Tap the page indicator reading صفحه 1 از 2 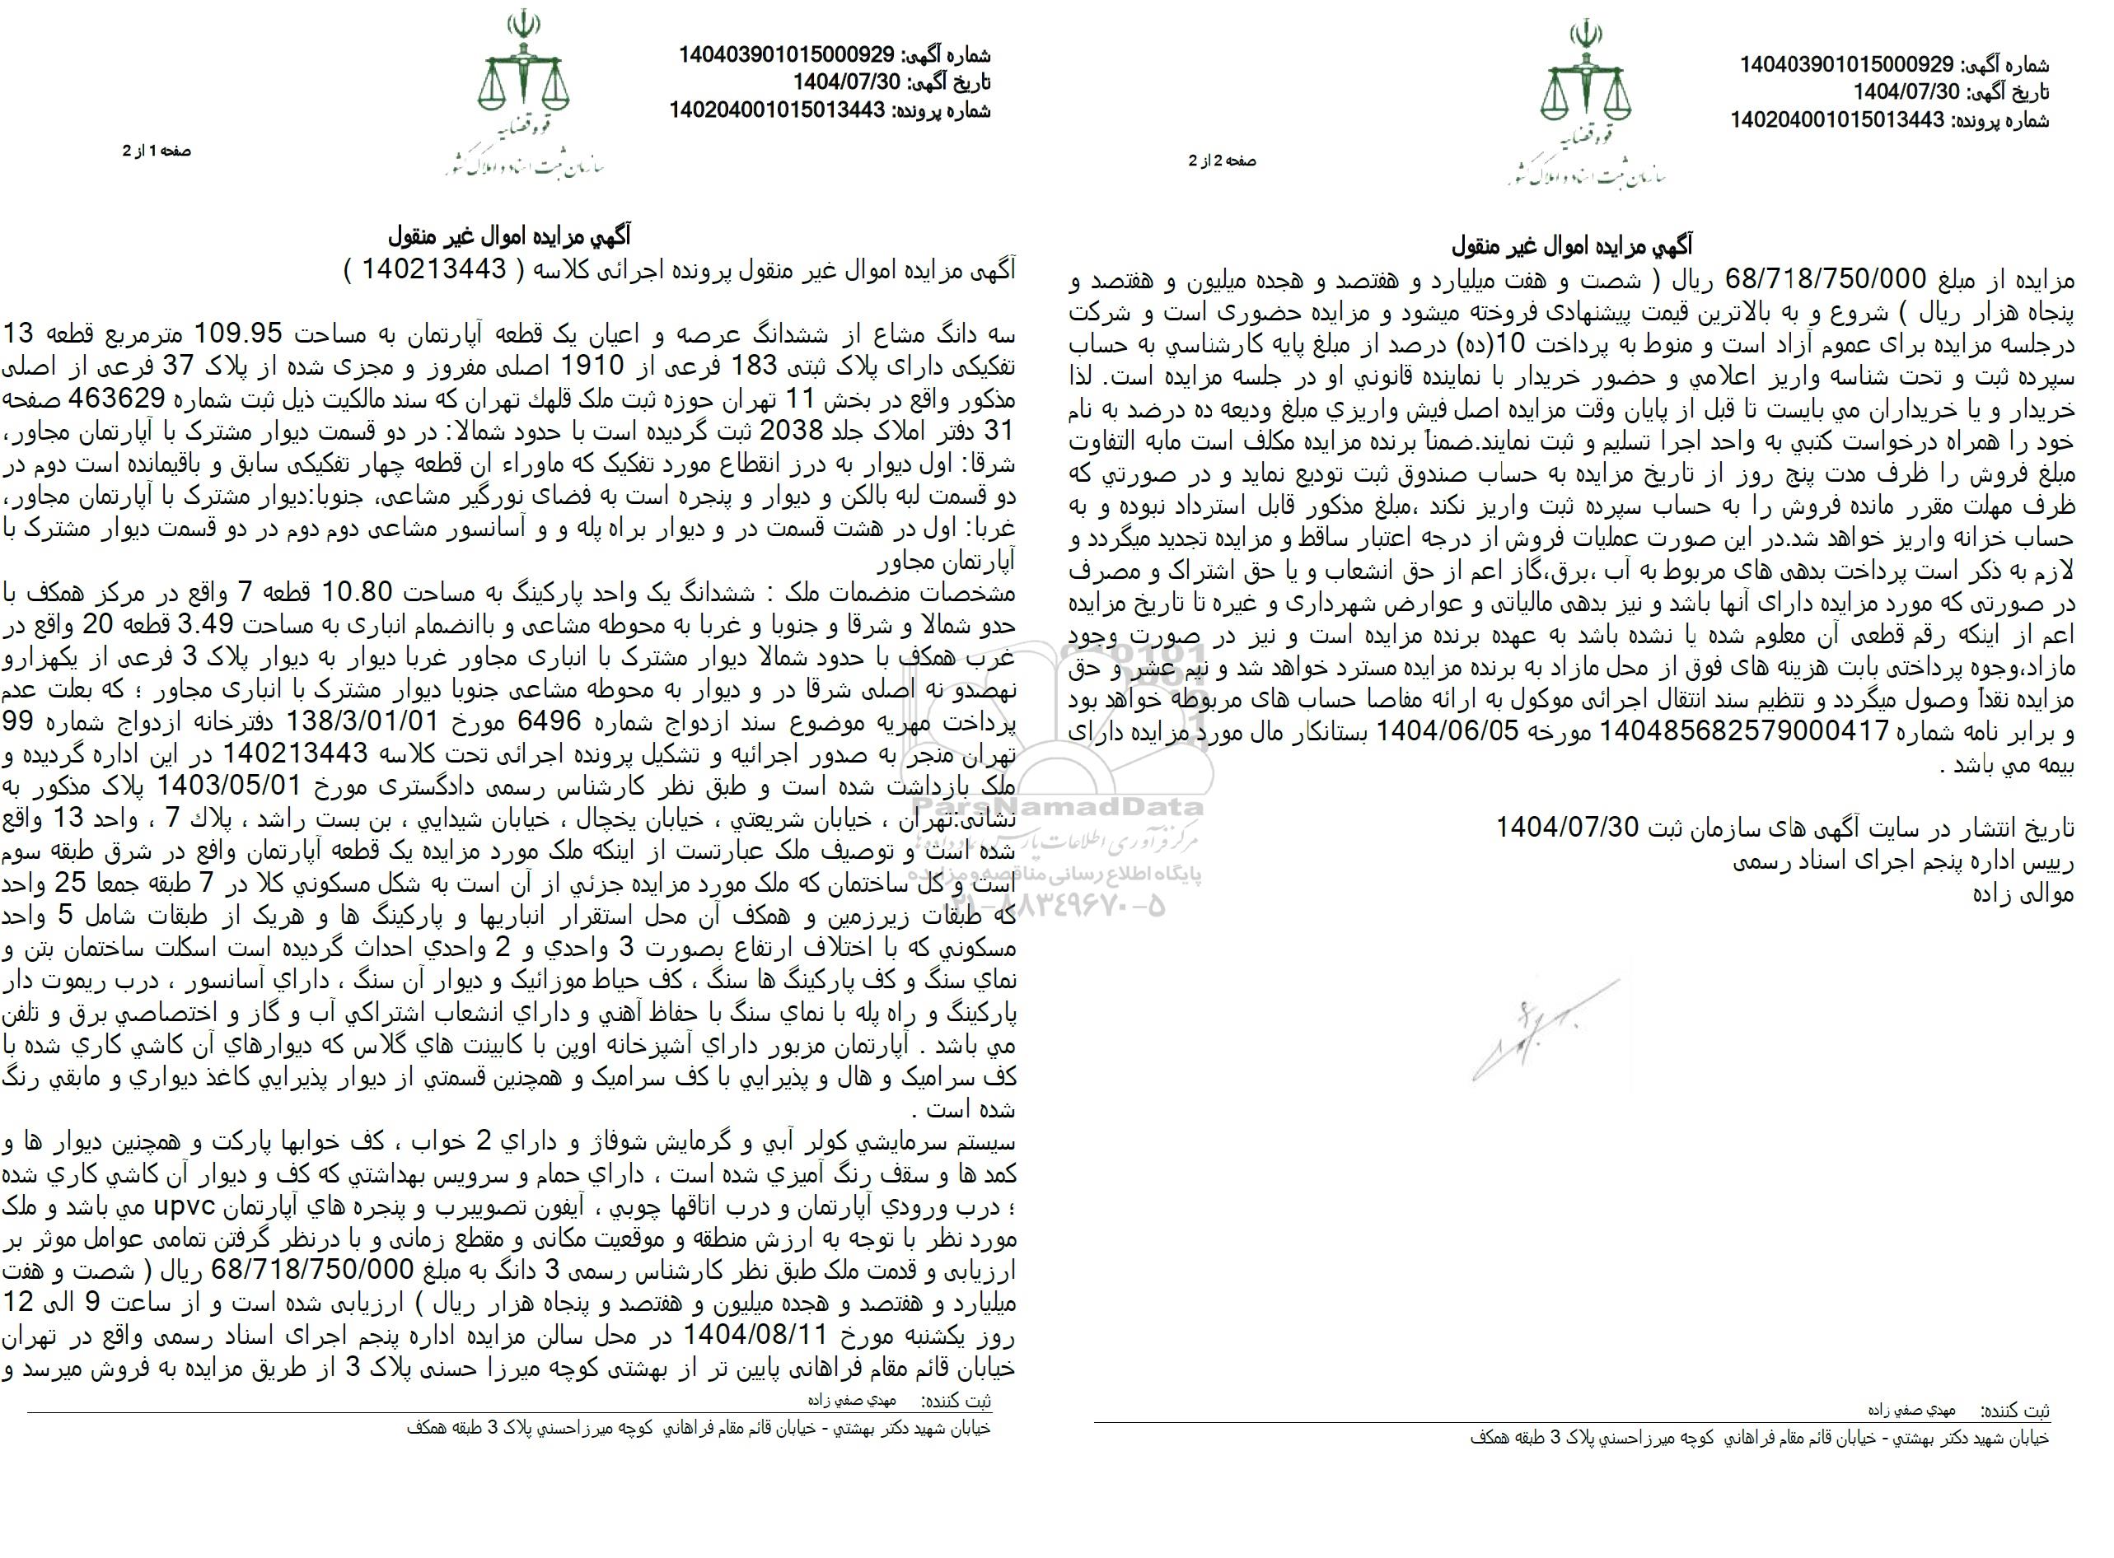tap(157, 151)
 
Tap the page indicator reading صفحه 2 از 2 tap(1222, 161)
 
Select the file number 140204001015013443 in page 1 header tap(779, 110)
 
